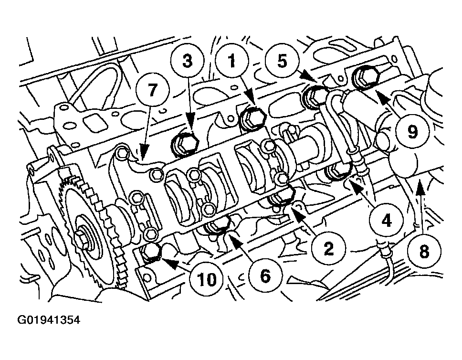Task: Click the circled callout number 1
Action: click(x=232, y=61)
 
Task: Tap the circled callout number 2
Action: click(x=328, y=248)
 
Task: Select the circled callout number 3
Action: click(x=188, y=61)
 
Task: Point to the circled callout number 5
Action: click(x=282, y=61)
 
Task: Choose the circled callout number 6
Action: click(x=265, y=276)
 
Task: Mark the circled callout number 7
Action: click(x=152, y=90)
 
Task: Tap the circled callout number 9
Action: click(x=412, y=131)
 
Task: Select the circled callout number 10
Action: click(x=207, y=279)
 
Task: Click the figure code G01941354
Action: click(x=49, y=320)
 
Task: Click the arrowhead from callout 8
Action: click(x=421, y=186)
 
